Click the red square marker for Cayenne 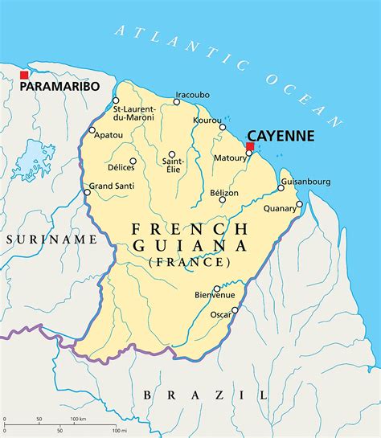click(250, 146)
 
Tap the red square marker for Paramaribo click(24, 75)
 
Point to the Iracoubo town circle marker click(177, 102)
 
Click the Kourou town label click(207, 120)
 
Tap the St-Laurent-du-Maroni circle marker click(116, 100)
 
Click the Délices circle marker click(133, 161)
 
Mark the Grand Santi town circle click(87, 192)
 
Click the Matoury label click(230, 158)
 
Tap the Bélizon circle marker click(222, 199)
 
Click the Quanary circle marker click(299, 204)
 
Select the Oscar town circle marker click(235, 310)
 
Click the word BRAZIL click(205, 394)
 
